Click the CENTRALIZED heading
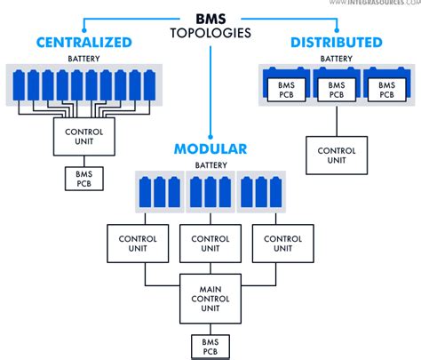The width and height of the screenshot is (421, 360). click(83, 42)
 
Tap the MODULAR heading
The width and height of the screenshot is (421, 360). click(211, 148)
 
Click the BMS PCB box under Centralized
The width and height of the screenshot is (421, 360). click(83, 178)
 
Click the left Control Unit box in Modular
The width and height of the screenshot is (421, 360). click(132, 243)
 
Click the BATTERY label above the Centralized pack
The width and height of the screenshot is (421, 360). click(83, 59)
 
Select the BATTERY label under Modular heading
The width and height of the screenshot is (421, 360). click(210, 165)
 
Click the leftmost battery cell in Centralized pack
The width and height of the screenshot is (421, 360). click(20, 87)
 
